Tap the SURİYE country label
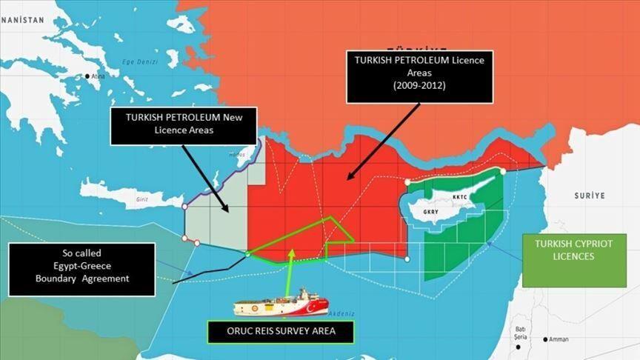590,196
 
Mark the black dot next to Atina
87,76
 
